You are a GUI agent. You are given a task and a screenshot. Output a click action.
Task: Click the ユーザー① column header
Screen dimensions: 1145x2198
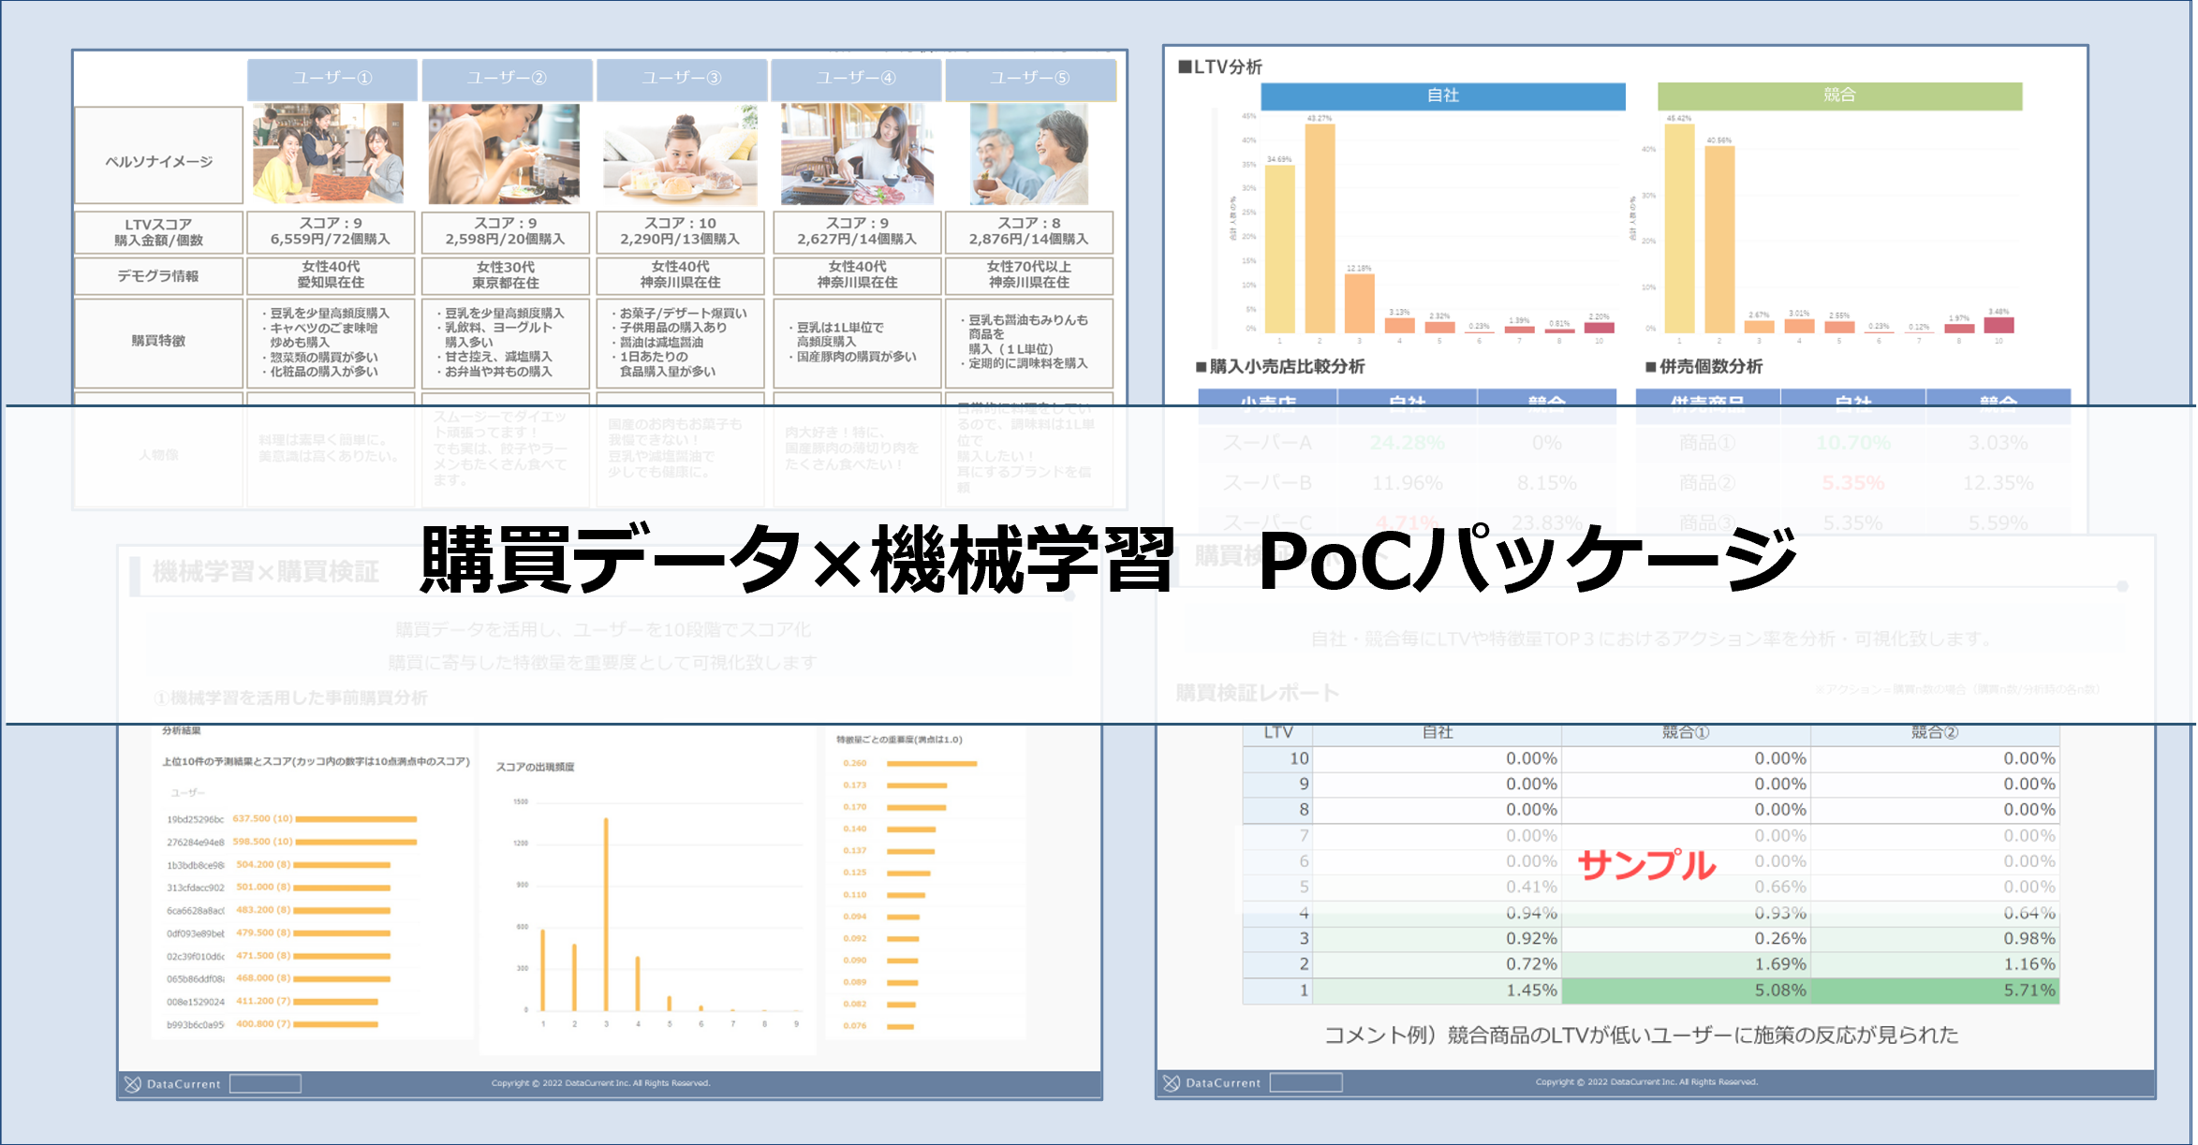tap(332, 79)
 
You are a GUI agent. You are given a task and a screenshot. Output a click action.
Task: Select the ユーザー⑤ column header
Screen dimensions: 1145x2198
tap(1030, 79)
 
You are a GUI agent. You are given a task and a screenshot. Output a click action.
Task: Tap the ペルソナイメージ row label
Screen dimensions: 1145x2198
tap(158, 161)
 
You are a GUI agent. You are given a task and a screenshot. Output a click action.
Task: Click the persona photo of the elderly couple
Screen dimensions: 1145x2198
tap(1029, 154)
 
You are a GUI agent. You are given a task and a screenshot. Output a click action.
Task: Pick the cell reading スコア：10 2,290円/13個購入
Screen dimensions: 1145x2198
tap(680, 231)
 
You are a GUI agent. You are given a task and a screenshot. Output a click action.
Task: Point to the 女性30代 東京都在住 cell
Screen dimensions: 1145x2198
tap(506, 275)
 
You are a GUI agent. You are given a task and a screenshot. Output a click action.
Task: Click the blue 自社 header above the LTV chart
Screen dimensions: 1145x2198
tap(1442, 95)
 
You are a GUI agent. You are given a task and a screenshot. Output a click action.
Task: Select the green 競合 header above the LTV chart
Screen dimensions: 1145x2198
tap(1839, 95)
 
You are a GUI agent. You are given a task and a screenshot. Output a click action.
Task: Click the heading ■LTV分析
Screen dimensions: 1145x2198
tap(1220, 66)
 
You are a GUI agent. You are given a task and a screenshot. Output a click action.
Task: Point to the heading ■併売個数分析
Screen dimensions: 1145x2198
tap(1704, 367)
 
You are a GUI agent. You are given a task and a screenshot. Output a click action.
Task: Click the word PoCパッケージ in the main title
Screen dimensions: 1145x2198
tap(1527, 560)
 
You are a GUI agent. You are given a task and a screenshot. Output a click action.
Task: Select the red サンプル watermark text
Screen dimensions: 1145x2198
tap(1646, 864)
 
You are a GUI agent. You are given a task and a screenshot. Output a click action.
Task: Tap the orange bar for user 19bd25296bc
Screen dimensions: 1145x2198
tap(356, 819)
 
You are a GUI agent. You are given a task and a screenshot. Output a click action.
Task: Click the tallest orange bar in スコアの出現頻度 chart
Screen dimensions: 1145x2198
tap(606, 914)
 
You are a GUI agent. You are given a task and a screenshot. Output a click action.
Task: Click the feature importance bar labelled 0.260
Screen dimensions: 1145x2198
tap(931, 764)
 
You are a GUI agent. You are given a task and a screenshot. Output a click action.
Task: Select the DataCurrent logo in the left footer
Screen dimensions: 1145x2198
tap(174, 1084)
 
